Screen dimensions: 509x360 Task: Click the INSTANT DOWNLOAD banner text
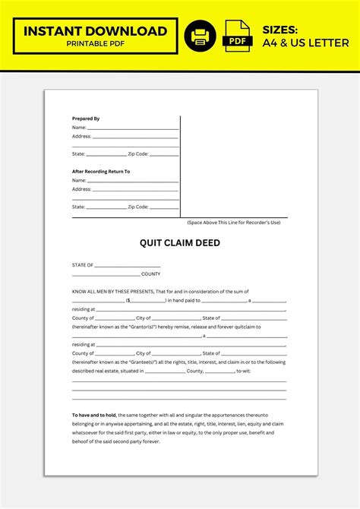pos(95,31)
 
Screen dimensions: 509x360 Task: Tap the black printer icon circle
pos(201,36)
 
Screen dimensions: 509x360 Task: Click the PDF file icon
pos(238,36)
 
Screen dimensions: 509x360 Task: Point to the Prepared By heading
pos(86,119)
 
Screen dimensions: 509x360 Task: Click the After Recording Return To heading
pos(101,172)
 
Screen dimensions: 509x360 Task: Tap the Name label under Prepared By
pos(79,128)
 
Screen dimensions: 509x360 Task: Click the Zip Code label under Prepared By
pos(137,153)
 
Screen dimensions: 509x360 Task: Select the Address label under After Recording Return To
pos(81,189)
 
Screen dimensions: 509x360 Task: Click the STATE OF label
pos(83,265)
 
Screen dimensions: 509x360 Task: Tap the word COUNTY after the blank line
pos(150,273)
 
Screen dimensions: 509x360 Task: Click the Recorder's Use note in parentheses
pos(234,223)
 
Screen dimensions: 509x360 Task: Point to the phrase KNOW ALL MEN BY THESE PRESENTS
pos(112,292)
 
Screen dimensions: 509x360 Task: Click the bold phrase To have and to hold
pos(94,415)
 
